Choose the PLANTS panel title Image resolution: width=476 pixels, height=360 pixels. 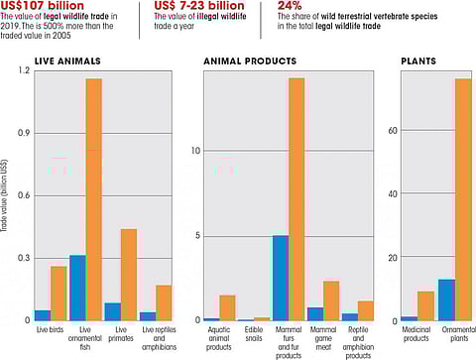pos(418,61)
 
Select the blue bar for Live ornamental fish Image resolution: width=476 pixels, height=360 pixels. pos(76,288)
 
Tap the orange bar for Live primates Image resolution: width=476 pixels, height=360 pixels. pos(128,275)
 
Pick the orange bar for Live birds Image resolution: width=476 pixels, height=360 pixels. pos(59,293)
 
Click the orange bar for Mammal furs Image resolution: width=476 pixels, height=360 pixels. pos(297,198)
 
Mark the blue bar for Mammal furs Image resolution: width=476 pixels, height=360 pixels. pos(280,278)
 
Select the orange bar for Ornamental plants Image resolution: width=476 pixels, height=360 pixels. pos(462,198)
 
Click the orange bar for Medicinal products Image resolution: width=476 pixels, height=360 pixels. pos(425,305)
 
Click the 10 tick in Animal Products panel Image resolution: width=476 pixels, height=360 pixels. pos(195,151)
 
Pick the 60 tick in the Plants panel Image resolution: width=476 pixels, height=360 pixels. pos(393,130)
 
